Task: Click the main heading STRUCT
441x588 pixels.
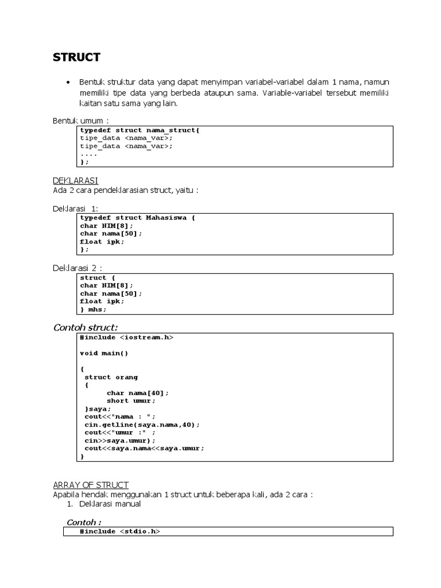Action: pyautogui.click(x=76, y=57)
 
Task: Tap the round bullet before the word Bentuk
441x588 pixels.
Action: pyautogui.click(x=69, y=83)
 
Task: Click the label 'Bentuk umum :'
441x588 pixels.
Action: pyautogui.click(x=80, y=121)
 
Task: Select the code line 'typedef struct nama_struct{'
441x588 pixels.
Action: pyautogui.click(x=140, y=130)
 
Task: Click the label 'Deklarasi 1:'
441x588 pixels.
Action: pyautogui.click(x=76, y=208)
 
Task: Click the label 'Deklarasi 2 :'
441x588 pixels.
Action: pyautogui.click(x=78, y=268)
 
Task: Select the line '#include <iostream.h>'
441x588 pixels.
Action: pyautogui.click(x=126, y=338)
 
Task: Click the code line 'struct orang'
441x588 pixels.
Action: pyautogui.click(x=111, y=377)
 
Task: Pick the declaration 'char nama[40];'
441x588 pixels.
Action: pyautogui.click(x=138, y=393)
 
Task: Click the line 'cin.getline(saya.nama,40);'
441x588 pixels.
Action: pyautogui.click(x=142, y=424)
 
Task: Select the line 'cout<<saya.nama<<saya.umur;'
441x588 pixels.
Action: pyautogui.click(x=144, y=448)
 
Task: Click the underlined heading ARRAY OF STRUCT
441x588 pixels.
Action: pyautogui.click(x=91, y=485)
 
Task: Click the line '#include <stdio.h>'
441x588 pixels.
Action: pyautogui.click(x=120, y=532)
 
